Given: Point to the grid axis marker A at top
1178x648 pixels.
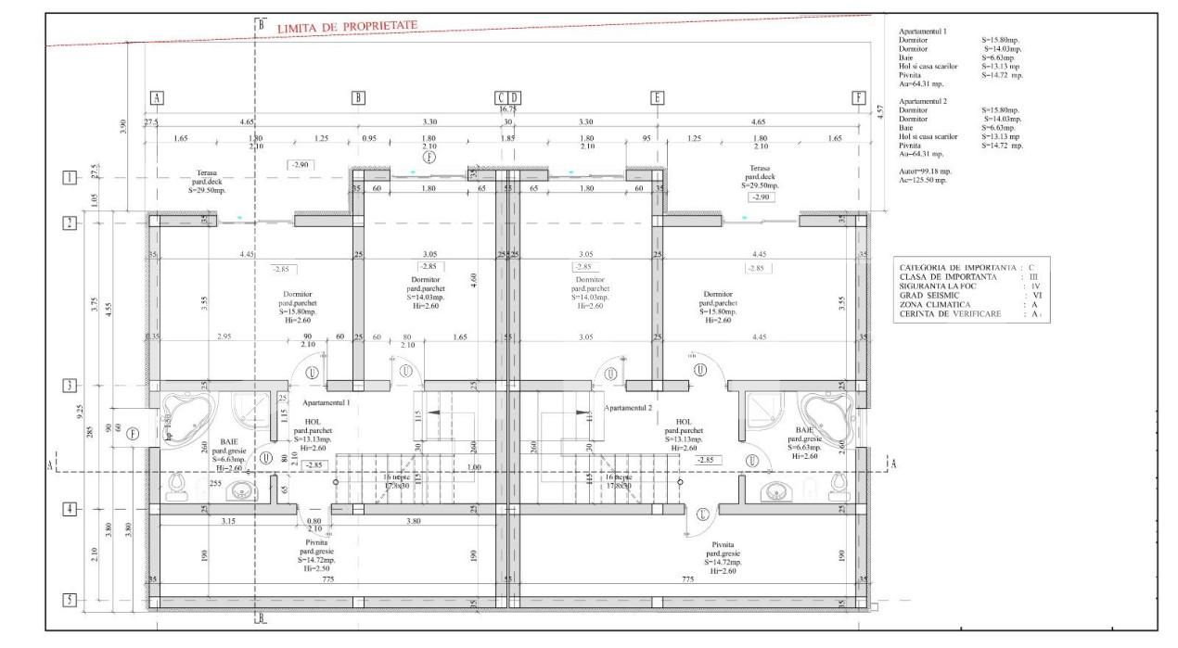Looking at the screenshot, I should click(x=157, y=97).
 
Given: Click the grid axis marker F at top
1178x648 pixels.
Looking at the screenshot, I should click(x=859, y=97).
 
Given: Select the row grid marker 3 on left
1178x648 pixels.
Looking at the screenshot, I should click(x=70, y=386).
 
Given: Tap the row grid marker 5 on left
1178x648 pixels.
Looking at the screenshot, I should click(x=70, y=600).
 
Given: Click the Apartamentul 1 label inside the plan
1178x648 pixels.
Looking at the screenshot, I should click(x=327, y=403).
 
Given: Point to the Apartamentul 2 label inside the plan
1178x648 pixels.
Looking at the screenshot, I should click(x=629, y=408).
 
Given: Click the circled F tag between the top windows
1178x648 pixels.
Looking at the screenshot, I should click(x=429, y=159).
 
